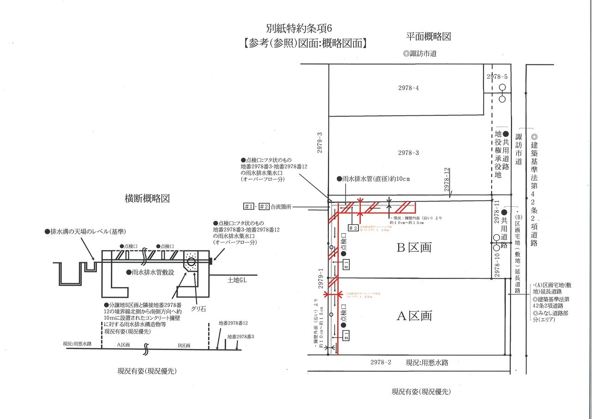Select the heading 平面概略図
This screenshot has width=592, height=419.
pyautogui.click(x=428, y=37)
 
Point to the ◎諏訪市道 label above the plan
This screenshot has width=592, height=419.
pyautogui.click(x=420, y=54)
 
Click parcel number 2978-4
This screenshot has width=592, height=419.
pyautogui.click(x=408, y=88)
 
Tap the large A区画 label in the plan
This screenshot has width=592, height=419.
pyautogui.click(x=414, y=316)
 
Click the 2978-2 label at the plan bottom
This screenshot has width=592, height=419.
pyautogui.click(x=381, y=363)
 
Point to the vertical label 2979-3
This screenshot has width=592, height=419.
pyautogui.click(x=320, y=144)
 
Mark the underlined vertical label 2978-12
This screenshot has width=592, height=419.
pyautogui.click(x=447, y=179)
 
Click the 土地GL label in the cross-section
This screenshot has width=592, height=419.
pyautogui.click(x=239, y=281)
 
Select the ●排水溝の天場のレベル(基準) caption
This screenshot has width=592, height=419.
pyautogui.click(x=86, y=231)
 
